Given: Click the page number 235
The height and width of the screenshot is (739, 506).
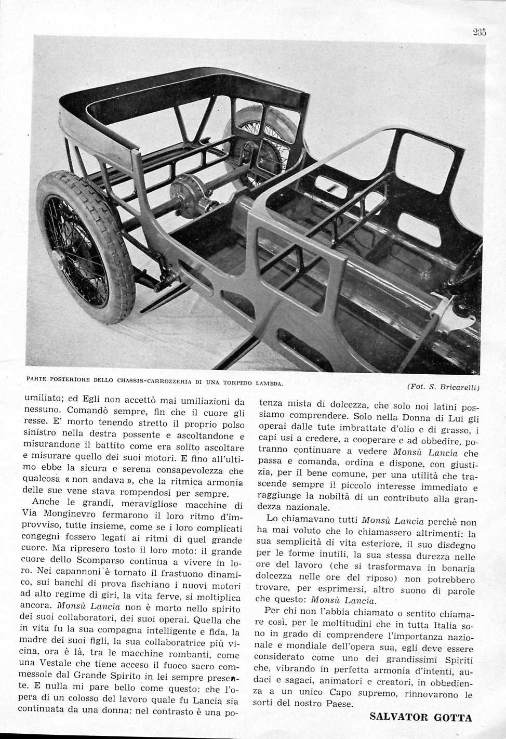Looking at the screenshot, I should click(479, 32).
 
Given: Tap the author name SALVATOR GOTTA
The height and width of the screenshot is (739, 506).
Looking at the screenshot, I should click(421, 718).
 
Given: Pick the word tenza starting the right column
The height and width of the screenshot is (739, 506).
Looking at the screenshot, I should click(271, 404).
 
